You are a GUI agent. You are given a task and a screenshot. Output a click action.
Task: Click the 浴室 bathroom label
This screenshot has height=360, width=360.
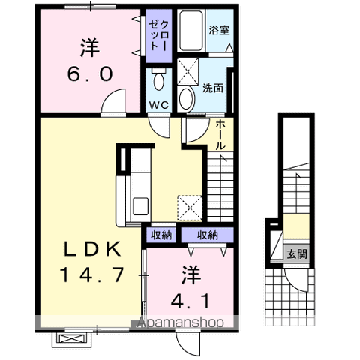[x=219, y=31]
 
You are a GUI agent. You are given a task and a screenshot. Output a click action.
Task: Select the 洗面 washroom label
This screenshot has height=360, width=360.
[x=212, y=88]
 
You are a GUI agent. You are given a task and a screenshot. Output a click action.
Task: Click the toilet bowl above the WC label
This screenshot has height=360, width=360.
[x=158, y=81]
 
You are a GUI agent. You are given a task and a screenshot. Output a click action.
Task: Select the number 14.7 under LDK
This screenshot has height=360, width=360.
[x=92, y=275]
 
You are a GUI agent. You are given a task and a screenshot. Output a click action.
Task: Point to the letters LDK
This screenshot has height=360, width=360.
[x=92, y=249]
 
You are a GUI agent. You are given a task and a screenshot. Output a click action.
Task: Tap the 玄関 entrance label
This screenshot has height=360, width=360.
[x=295, y=253]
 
